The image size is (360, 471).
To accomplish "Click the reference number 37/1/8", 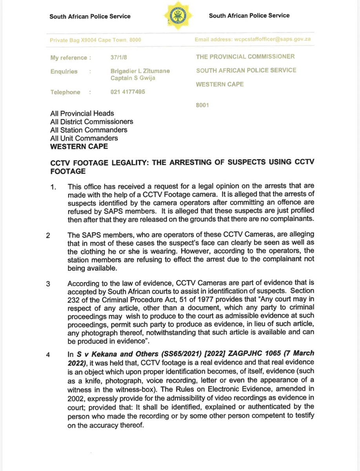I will pyautogui.click(x=119, y=57).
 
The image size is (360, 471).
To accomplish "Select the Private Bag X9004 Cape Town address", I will pyautogui.click(x=96, y=40).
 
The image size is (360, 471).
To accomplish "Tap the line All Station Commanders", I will pyautogui.click(x=89, y=130).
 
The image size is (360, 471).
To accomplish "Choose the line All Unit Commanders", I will pyautogui.click(x=84, y=138).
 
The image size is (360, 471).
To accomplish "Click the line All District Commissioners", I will pyautogui.click(x=91, y=122).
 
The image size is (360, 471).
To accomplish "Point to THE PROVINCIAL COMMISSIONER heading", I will pyautogui.click(x=245, y=57).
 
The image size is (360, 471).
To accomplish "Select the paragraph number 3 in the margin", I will pyautogui.click(x=48, y=284).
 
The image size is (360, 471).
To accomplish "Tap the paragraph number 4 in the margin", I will pyautogui.click(x=48, y=355).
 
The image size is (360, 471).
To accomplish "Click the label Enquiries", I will pyautogui.click(x=64, y=71).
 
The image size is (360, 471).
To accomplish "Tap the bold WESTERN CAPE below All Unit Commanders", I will pyautogui.click(x=78, y=146).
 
